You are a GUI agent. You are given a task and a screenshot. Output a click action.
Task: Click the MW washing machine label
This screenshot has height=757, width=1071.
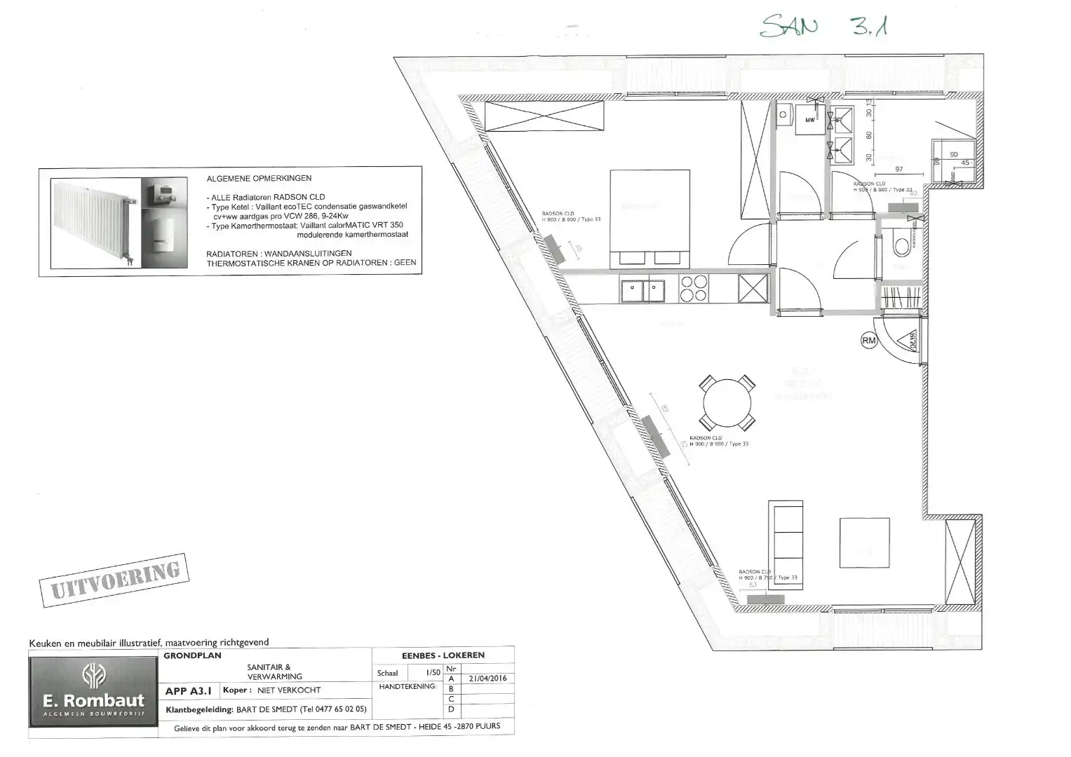pos(810,120)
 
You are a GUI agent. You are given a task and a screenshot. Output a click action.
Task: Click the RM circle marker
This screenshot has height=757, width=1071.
pos(869,341)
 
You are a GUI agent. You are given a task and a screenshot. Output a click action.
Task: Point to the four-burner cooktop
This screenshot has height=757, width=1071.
pos(694,288)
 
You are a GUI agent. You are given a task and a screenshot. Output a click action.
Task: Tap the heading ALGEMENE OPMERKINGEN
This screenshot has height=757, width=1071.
pos(259,179)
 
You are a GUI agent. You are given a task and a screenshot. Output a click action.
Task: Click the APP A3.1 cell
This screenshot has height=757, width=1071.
pos(189,690)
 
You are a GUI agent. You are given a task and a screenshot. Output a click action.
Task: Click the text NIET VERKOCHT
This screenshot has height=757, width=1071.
pos(289,690)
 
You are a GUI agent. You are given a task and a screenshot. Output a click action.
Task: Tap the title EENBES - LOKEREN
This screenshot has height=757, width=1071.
pos(443,655)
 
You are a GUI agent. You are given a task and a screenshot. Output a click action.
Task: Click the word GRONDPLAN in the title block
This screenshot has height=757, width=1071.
pos(192,656)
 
